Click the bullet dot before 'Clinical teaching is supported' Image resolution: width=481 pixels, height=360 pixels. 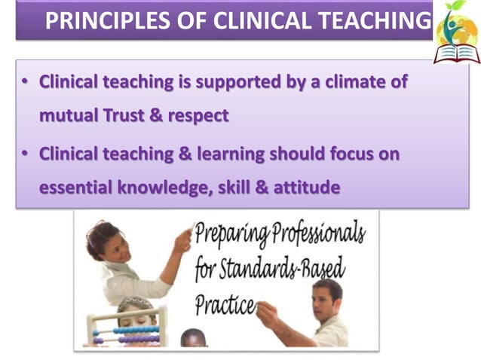[x=25, y=81]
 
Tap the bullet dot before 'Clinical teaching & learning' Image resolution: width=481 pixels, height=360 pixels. [x=25, y=154]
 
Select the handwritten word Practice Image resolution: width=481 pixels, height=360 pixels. [x=224, y=304]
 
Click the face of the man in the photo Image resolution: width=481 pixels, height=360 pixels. [x=325, y=297]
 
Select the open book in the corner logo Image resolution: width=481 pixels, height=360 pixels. [x=456, y=52]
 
